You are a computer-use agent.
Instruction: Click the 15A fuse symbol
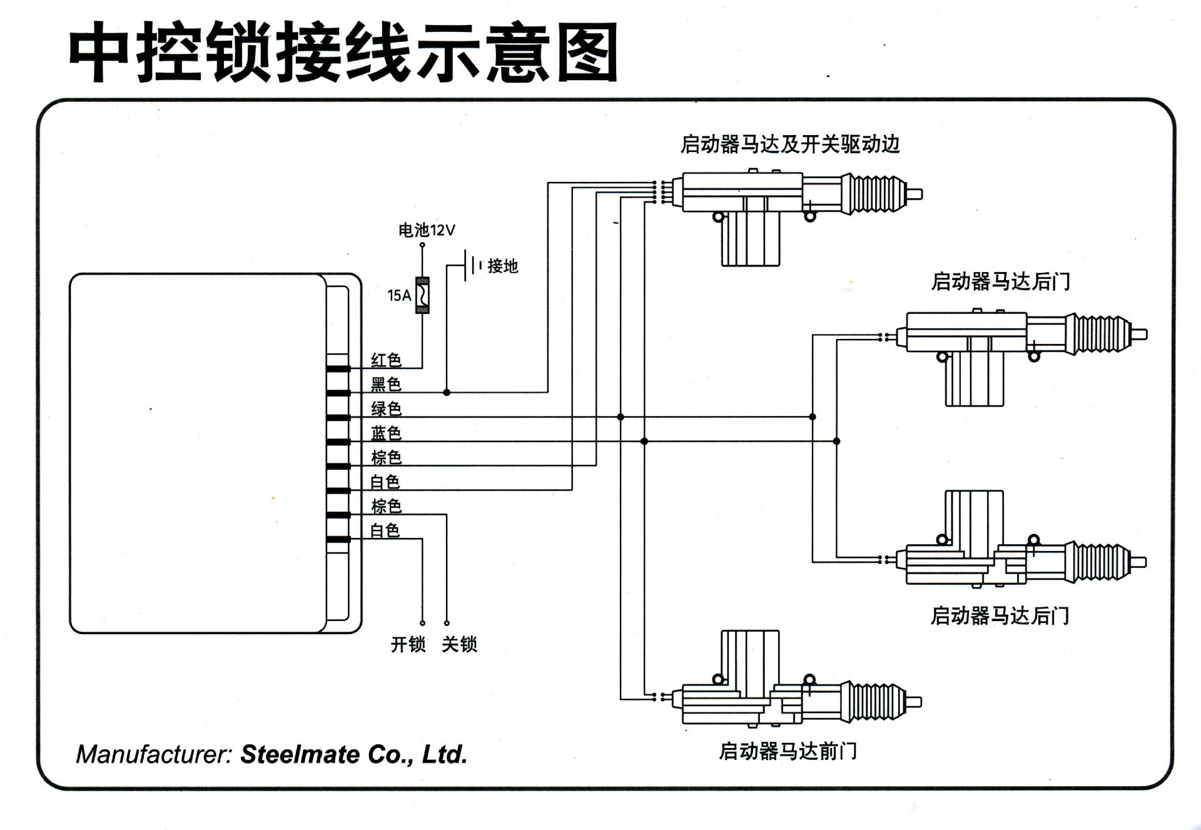(x=423, y=295)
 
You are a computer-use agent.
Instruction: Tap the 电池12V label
(x=427, y=230)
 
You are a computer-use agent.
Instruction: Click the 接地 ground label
(x=502, y=266)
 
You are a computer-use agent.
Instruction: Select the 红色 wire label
(x=386, y=360)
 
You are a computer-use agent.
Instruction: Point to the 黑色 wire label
(x=386, y=384)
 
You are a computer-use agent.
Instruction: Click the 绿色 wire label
(x=386, y=408)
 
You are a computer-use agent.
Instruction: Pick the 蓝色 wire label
(x=386, y=433)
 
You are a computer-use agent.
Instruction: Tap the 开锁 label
(x=408, y=644)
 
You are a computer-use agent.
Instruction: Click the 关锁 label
(x=459, y=644)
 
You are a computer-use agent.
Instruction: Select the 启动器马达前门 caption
(x=788, y=751)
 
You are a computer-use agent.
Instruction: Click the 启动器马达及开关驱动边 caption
(x=790, y=144)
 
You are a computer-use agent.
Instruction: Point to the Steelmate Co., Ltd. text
(x=354, y=754)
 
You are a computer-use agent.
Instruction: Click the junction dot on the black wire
(x=447, y=392)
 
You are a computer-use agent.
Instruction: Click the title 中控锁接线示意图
(x=343, y=53)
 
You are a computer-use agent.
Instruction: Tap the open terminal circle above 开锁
(x=422, y=623)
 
